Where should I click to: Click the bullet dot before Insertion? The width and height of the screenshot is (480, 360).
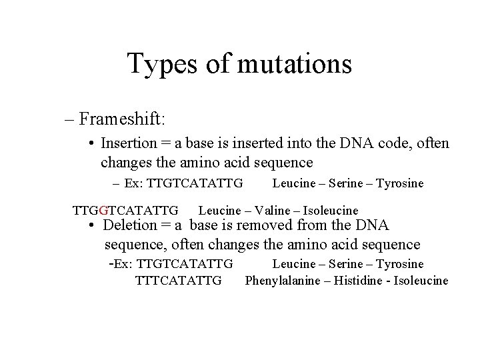coord(91,144)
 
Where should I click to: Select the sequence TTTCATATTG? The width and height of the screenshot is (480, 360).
coord(178,281)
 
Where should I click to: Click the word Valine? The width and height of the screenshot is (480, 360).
coord(269,211)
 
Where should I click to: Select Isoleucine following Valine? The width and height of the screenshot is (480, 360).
coord(331,211)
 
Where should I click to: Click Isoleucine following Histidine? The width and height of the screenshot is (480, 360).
coord(421,281)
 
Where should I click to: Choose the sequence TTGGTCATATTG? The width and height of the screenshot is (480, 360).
coord(125,211)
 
